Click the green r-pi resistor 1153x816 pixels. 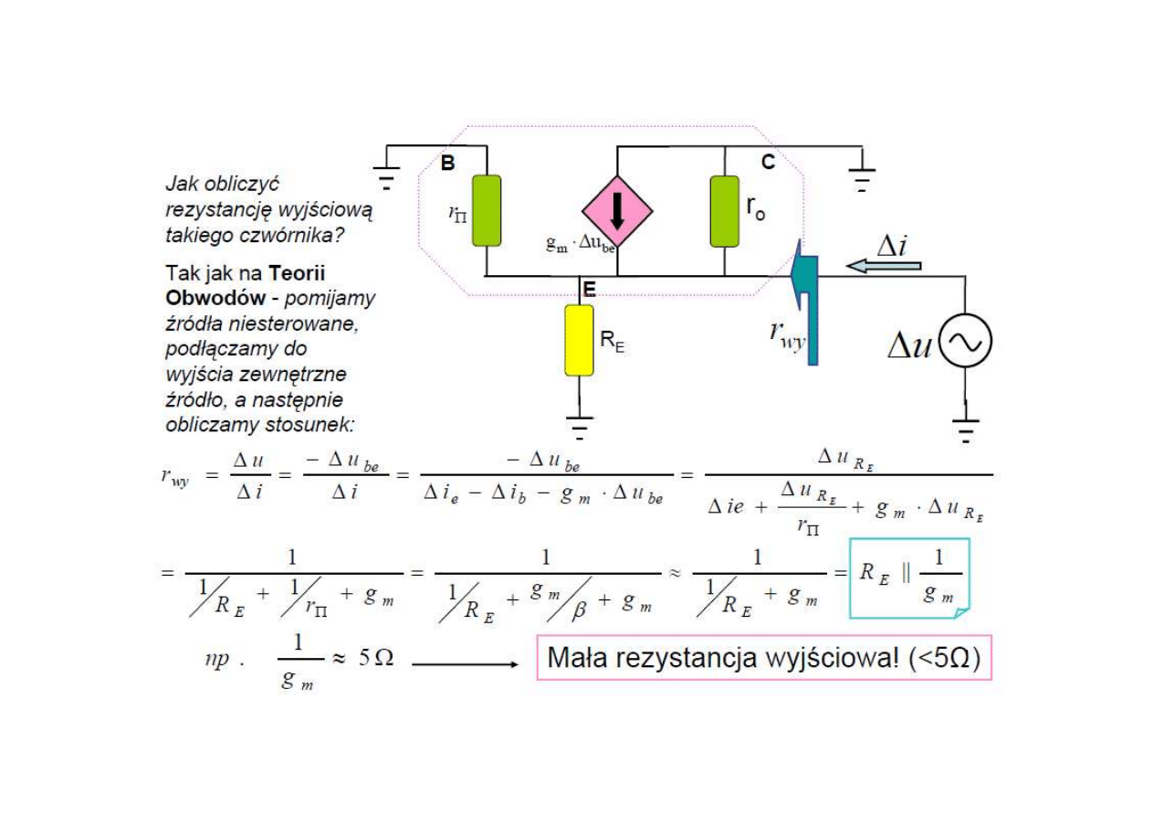coord(487,211)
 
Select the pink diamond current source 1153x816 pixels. coord(617,211)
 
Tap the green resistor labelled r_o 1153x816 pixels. coord(724,211)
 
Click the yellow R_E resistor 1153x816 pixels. coord(579,340)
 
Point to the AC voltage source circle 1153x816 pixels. coord(965,342)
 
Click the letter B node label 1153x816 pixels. coord(447,164)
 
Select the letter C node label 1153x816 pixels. coord(768,162)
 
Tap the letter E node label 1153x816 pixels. coord(589,290)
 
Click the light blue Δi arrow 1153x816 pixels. coord(883,266)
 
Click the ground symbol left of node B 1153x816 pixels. coord(388,175)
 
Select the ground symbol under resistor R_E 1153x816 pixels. coord(579,425)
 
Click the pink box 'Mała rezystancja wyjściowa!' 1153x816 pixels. coord(762,658)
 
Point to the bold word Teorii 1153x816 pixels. coord(297,273)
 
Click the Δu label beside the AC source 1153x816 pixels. coord(909,345)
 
